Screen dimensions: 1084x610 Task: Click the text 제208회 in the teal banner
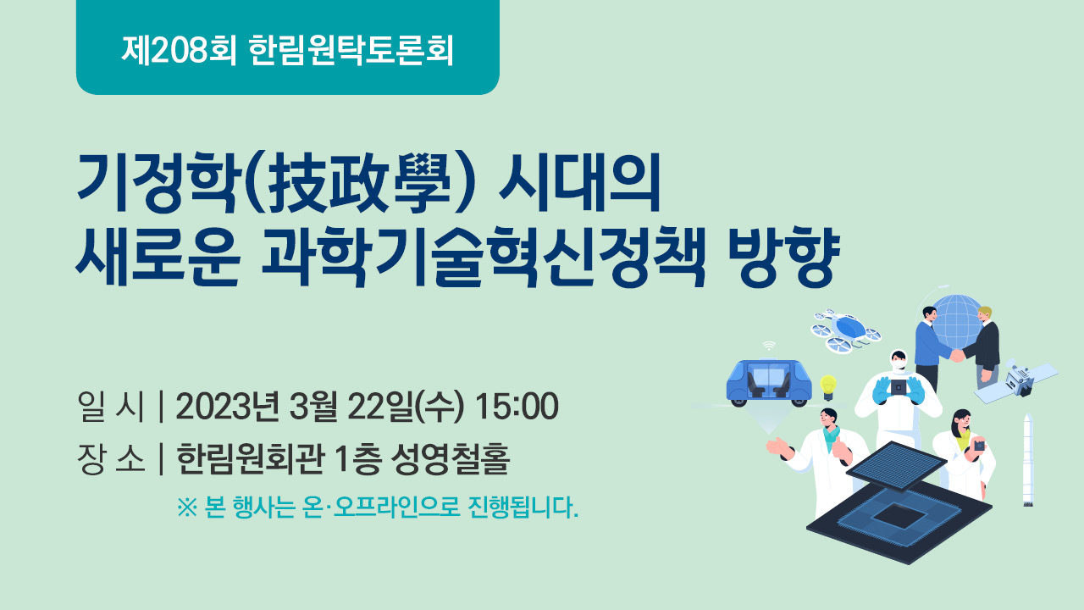point(179,50)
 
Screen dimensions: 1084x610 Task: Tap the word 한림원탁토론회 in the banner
point(351,50)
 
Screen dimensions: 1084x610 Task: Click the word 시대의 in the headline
point(580,183)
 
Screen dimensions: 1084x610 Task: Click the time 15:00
point(517,406)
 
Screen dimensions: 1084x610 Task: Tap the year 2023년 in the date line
point(228,406)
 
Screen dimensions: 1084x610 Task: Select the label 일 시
point(111,406)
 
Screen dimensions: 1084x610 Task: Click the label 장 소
point(111,458)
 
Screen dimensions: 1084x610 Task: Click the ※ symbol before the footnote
point(187,507)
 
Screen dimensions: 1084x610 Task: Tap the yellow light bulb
point(828,387)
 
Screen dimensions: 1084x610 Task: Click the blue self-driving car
point(769,382)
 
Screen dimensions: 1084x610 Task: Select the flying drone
point(845,331)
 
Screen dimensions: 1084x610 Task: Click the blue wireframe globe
point(957,321)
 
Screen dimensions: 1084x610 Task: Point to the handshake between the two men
point(957,356)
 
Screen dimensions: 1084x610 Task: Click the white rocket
point(1028,460)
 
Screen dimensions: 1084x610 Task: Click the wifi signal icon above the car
point(768,346)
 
